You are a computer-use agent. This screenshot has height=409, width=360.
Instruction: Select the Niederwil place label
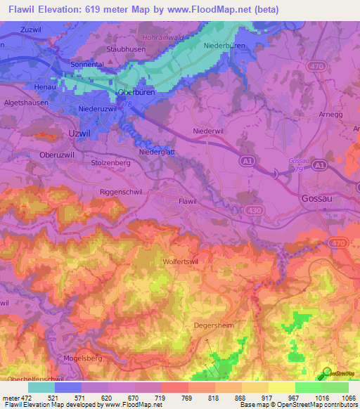click(208, 131)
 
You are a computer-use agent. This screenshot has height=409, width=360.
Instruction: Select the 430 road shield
click(254, 210)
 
